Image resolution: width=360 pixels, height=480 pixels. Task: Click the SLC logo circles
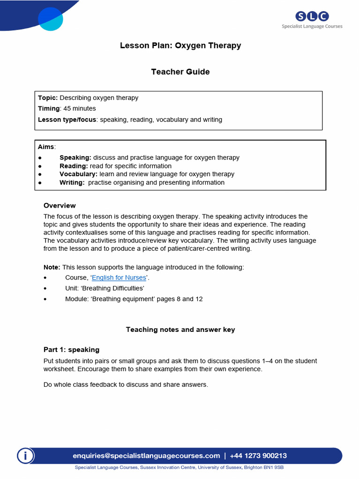[x=312, y=16]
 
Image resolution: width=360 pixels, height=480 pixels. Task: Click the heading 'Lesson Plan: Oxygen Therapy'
[x=180, y=45]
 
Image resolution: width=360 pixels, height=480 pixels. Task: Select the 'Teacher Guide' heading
[x=180, y=72]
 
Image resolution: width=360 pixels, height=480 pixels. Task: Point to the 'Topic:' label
[x=48, y=98]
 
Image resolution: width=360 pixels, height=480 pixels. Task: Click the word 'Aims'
[x=46, y=147]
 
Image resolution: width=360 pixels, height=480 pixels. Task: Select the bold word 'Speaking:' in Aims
[x=75, y=157]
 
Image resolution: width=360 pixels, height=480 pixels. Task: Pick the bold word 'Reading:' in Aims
[x=74, y=166]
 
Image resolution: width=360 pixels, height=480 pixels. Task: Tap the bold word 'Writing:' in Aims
[x=72, y=182]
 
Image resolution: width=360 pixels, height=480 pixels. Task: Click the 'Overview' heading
[x=60, y=206]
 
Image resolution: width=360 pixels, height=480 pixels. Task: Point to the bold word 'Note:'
[x=52, y=267]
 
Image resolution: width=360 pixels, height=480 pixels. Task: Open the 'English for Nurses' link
[x=119, y=277]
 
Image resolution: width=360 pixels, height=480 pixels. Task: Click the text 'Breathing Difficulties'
[x=117, y=288]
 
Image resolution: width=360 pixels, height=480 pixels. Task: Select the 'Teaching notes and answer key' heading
[x=180, y=330]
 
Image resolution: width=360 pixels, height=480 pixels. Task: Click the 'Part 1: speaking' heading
[x=71, y=350]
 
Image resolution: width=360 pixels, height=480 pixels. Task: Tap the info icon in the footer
[x=26, y=456]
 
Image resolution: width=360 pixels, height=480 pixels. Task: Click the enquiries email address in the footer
[x=146, y=456]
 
